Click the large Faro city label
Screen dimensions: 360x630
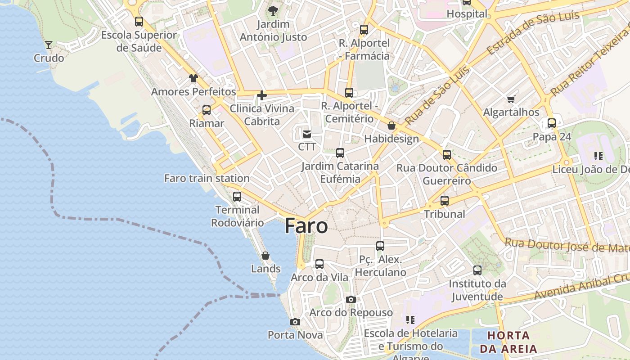pyautogui.click(x=306, y=225)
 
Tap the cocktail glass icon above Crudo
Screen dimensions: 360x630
pyautogui.click(x=49, y=45)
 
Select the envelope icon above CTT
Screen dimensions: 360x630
pyautogui.click(x=307, y=134)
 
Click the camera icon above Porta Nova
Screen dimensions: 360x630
pyautogui.click(x=295, y=322)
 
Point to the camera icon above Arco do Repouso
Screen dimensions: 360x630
pyautogui.click(x=351, y=299)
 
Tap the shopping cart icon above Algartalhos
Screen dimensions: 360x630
pyautogui.click(x=511, y=99)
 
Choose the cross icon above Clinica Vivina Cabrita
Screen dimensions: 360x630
pyautogui.click(x=261, y=95)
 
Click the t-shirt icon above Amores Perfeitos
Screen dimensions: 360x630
pyautogui.click(x=193, y=78)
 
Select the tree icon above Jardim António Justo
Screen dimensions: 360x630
pyautogui.click(x=273, y=10)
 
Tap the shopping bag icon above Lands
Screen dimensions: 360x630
pyautogui.click(x=265, y=256)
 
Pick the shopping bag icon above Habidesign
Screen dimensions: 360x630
pyautogui.click(x=391, y=126)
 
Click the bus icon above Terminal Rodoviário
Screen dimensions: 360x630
pyautogui.click(x=237, y=197)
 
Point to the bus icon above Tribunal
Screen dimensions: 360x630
pyautogui.click(x=445, y=201)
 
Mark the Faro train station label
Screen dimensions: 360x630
pyautogui.click(x=207, y=178)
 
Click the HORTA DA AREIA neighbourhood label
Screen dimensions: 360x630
pyautogui.click(x=508, y=342)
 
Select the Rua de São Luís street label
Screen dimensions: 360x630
pyautogui.click(x=437, y=96)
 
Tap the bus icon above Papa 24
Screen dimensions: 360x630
pyautogui.click(x=552, y=123)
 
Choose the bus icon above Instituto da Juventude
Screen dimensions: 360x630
pyautogui.click(x=477, y=270)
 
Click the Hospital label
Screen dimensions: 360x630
pyautogui.click(x=467, y=14)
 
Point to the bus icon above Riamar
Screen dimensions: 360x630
pyautogui.click(x=207, y=110)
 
